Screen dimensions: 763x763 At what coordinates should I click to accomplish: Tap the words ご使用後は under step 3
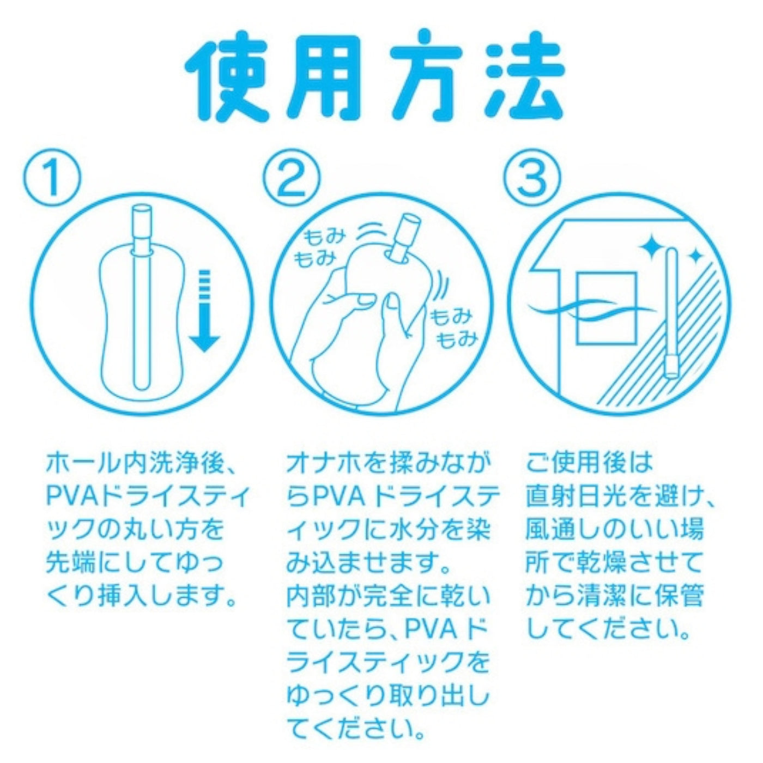(x=589, y=462)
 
